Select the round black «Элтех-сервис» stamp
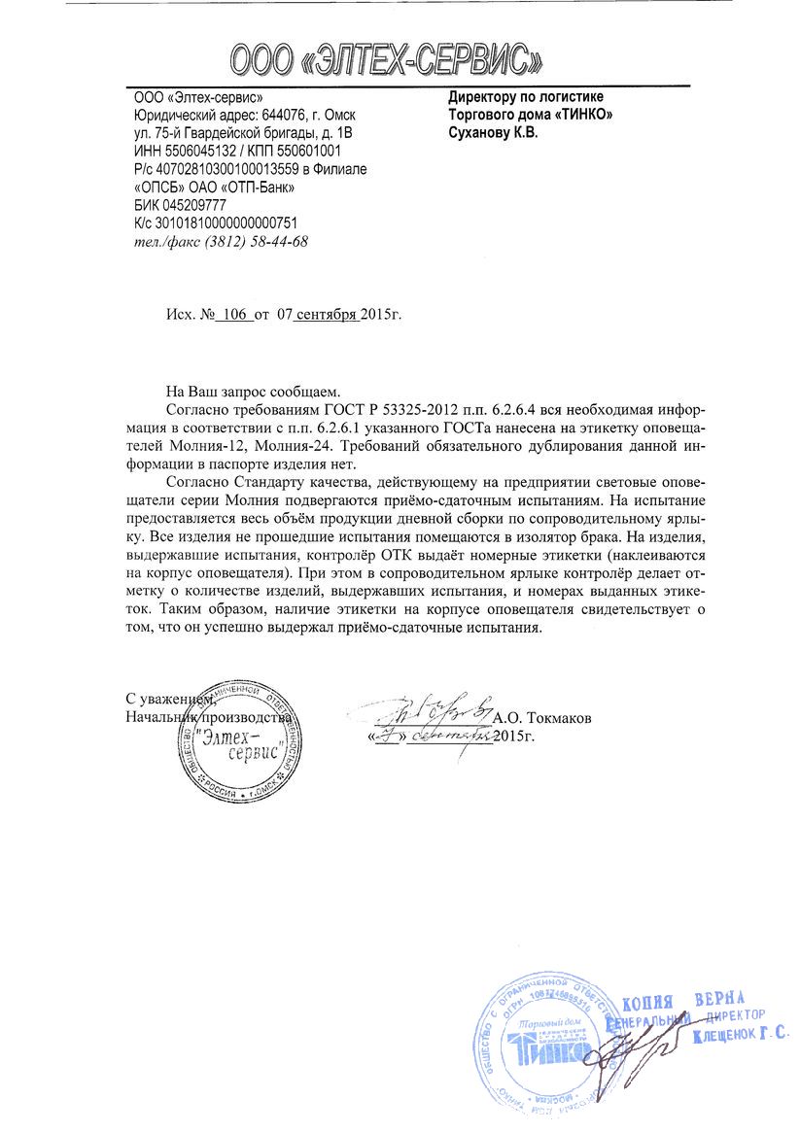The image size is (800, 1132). (235, 743)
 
